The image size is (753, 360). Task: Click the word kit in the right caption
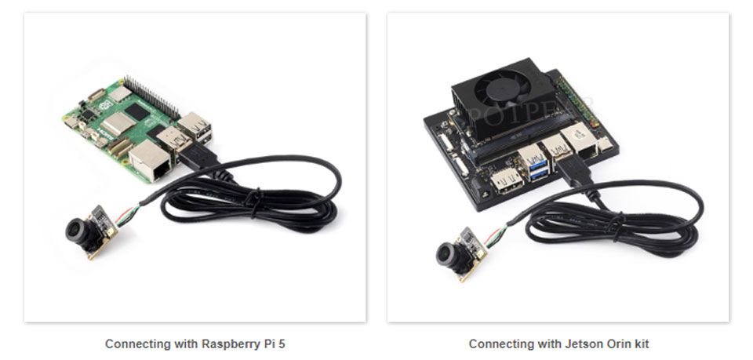pyautogui.click(x=640, y=344)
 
